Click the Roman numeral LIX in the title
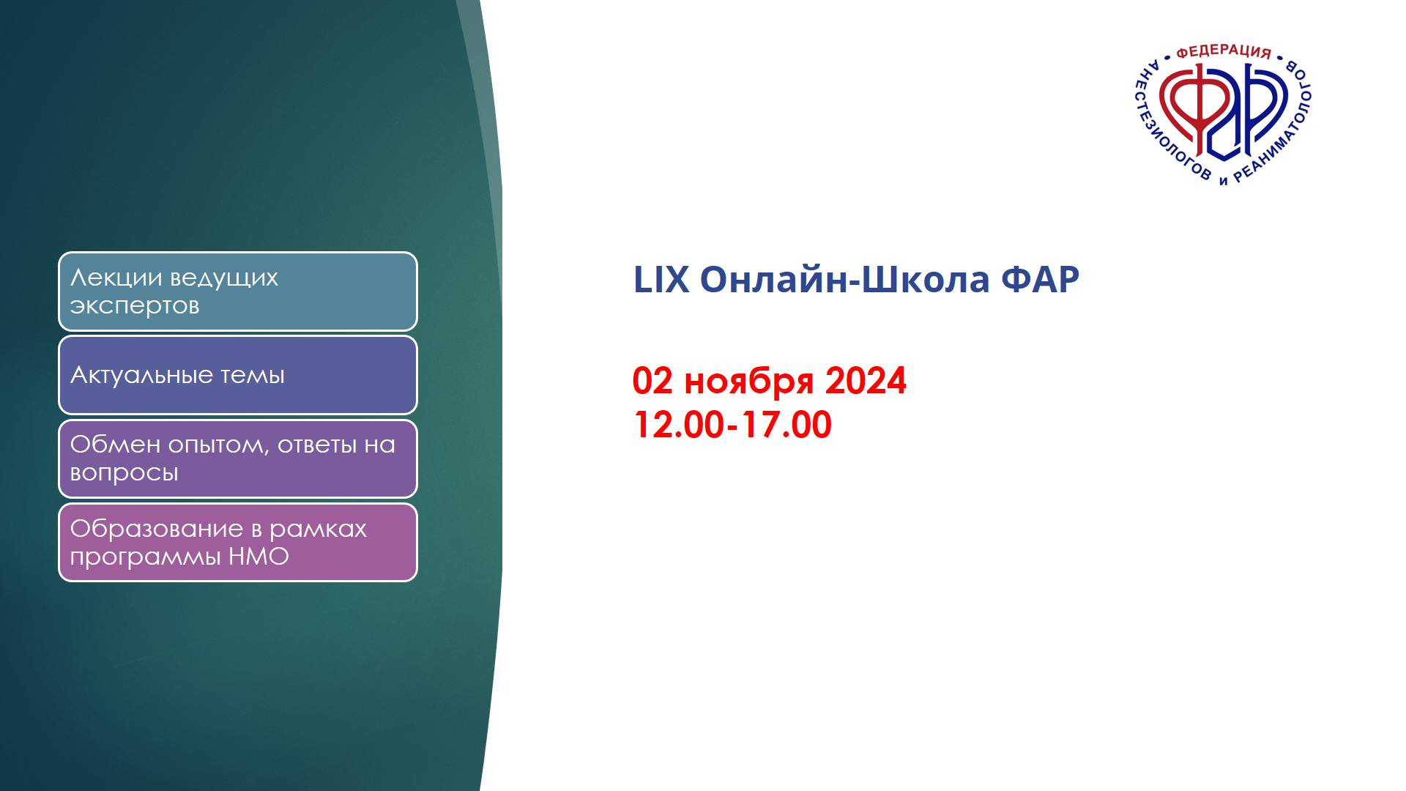pyautogui.click(x=661, y=280)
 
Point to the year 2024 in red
pyautogui.click(x=866, y=381)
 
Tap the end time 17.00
pyautogui.click(x=786, y=425)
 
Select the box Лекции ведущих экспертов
pyautogui.click(x=238, y=291)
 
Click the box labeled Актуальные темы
pyautogui.click(x=238, y=375)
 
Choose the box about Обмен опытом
pyautogui.click(x=238, y=458)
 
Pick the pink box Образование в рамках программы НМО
pyautogui.click(x=238, y=542)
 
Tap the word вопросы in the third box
pyautogui.click(x=124, y=473)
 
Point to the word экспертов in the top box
pyautogui.click(x=135, y=306)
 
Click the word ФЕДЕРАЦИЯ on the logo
pyautogui.click(x=1223, y=52)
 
